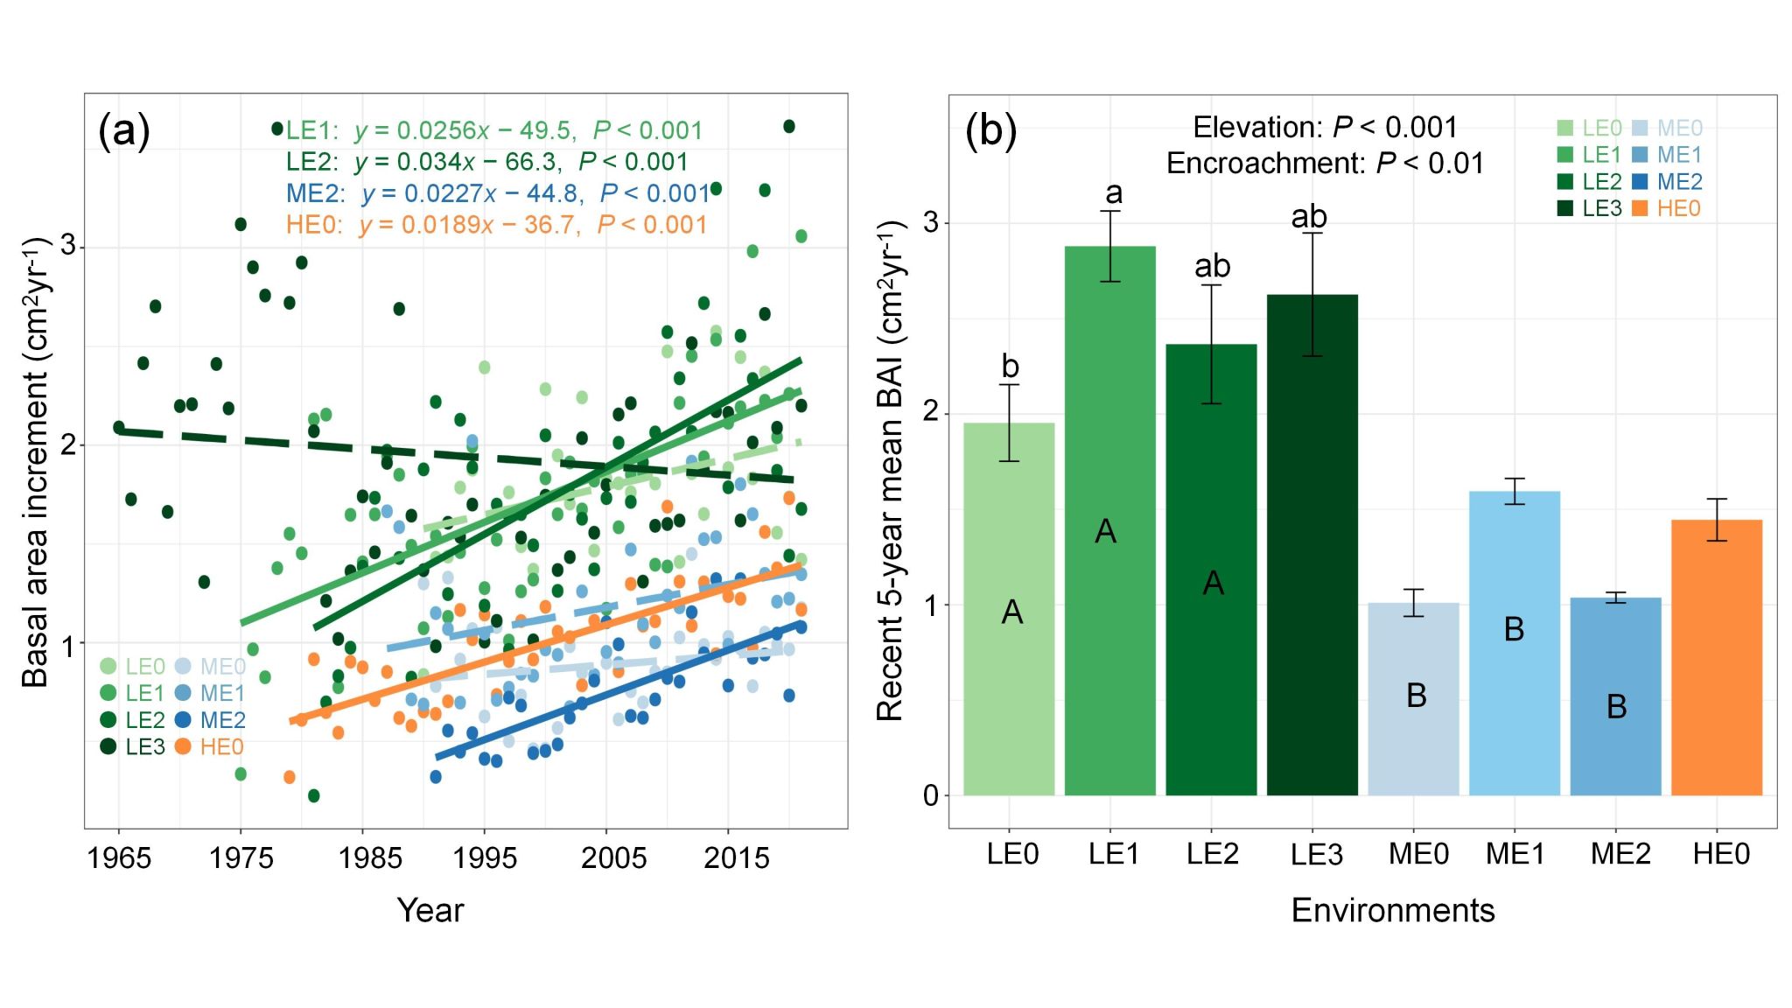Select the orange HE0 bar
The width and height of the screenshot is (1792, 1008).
coord(1716,656)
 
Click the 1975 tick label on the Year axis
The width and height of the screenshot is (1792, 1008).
coord(241,858)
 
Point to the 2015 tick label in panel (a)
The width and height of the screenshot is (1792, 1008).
coord(736,858)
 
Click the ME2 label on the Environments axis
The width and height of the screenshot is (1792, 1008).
coord(1620,854)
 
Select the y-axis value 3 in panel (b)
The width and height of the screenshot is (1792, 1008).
coord(931,222)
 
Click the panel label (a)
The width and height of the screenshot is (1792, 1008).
coord(124,131)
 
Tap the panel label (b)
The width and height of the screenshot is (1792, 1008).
coord(990,131)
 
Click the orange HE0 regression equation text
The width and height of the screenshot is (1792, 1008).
coord(496,225)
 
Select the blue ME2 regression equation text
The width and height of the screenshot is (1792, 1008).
coord(498,193)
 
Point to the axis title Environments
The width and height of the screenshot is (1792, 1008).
coord(1392,911)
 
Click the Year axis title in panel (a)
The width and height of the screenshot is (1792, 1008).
coord(430,911)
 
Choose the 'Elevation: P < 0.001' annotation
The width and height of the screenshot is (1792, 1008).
coord(1325,128)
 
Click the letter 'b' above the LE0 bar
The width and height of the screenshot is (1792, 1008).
coord(1010,367)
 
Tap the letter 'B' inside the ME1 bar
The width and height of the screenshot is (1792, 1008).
coord(1514,629)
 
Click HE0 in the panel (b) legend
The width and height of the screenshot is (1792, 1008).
coord(1678,208)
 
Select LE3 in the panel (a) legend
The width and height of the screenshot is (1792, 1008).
coord(144,746)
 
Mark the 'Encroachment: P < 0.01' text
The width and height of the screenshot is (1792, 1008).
coord(1325,164)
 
